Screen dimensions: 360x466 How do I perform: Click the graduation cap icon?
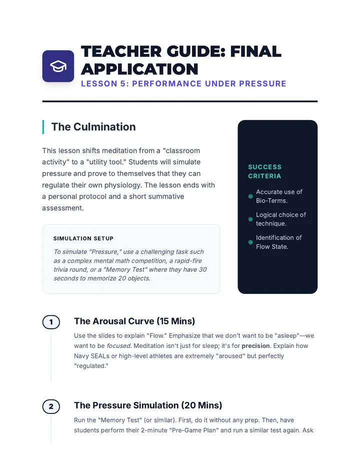[x=58, y=66]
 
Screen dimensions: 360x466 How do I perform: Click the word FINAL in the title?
[x=255, y=51]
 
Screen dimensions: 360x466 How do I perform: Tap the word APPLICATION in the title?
[x=139, y=69]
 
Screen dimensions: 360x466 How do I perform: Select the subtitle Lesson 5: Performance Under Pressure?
[x=183, y=84]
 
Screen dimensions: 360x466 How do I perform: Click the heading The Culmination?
[x=93, y=127]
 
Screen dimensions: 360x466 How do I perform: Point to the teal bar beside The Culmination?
[x=43, y=127]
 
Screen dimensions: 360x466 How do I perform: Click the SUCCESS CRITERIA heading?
[x=265, y=171]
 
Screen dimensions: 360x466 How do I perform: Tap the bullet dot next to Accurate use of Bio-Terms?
[x=250, y=196]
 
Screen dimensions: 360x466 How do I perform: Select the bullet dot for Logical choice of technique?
[x=250, y=219]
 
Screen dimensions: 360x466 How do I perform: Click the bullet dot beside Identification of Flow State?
[x=250, y=242]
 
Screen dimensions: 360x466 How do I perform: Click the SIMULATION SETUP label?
[x=83, y=238]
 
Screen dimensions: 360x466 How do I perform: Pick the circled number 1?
[x=51, y=322]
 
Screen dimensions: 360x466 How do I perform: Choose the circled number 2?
[x=51, y=406]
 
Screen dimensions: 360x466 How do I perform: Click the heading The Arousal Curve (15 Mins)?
[x=134, y=321]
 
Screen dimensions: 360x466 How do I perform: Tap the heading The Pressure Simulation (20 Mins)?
[x=148, y=405]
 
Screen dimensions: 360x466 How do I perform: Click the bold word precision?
[x=255, y=346]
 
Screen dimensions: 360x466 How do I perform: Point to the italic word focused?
[x=118, y=346]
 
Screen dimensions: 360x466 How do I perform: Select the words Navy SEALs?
[x=91, y=356]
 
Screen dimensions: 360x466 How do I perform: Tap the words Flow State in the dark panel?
[x=272, y=246]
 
